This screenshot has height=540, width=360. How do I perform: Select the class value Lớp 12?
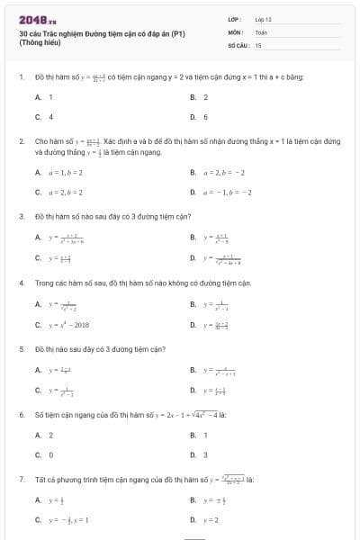click(x=264, y=19)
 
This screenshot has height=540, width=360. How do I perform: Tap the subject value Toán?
click(x=260, y=31)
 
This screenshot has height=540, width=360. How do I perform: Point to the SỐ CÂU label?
click(x=238, y=44)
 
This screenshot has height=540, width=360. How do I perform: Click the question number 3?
click(x=21, y=217)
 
